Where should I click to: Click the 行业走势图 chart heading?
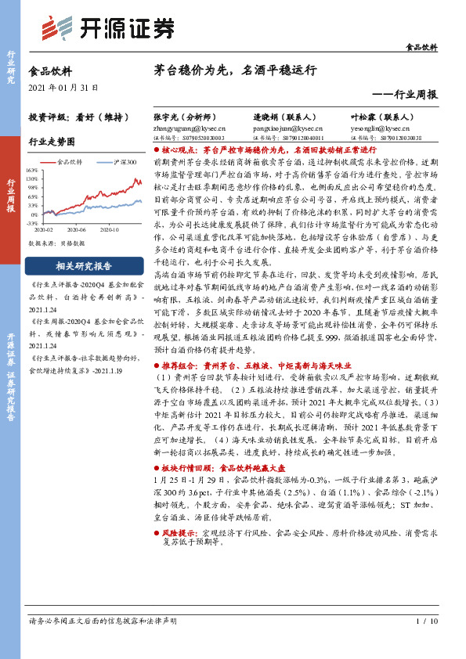click(x=52, y=142)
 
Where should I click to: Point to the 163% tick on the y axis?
click(x=32, y=170)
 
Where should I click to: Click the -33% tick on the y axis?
click(x=32, y=223)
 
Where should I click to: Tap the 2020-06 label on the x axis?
click(x=76, y=230)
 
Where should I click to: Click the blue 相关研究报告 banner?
click(x=84, y=265)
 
